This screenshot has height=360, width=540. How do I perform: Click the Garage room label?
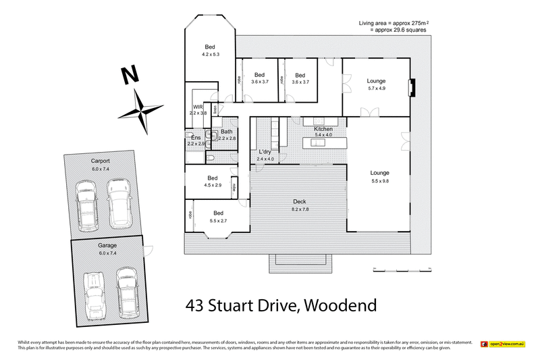(107, 245)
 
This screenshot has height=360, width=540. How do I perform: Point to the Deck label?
(300, 201)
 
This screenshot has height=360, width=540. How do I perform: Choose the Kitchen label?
(323, 128)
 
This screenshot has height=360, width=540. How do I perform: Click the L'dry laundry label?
(265, 152)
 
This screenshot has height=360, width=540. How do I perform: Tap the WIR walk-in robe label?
(198, 107)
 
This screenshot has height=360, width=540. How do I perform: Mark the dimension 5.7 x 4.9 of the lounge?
(376, 88)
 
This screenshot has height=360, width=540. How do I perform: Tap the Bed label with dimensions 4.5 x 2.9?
(211, 178)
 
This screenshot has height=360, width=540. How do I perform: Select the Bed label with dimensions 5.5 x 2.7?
(219, 213)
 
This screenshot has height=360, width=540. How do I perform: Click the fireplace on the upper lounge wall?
(412, 88)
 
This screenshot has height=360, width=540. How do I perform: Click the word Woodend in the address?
(340, 305)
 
